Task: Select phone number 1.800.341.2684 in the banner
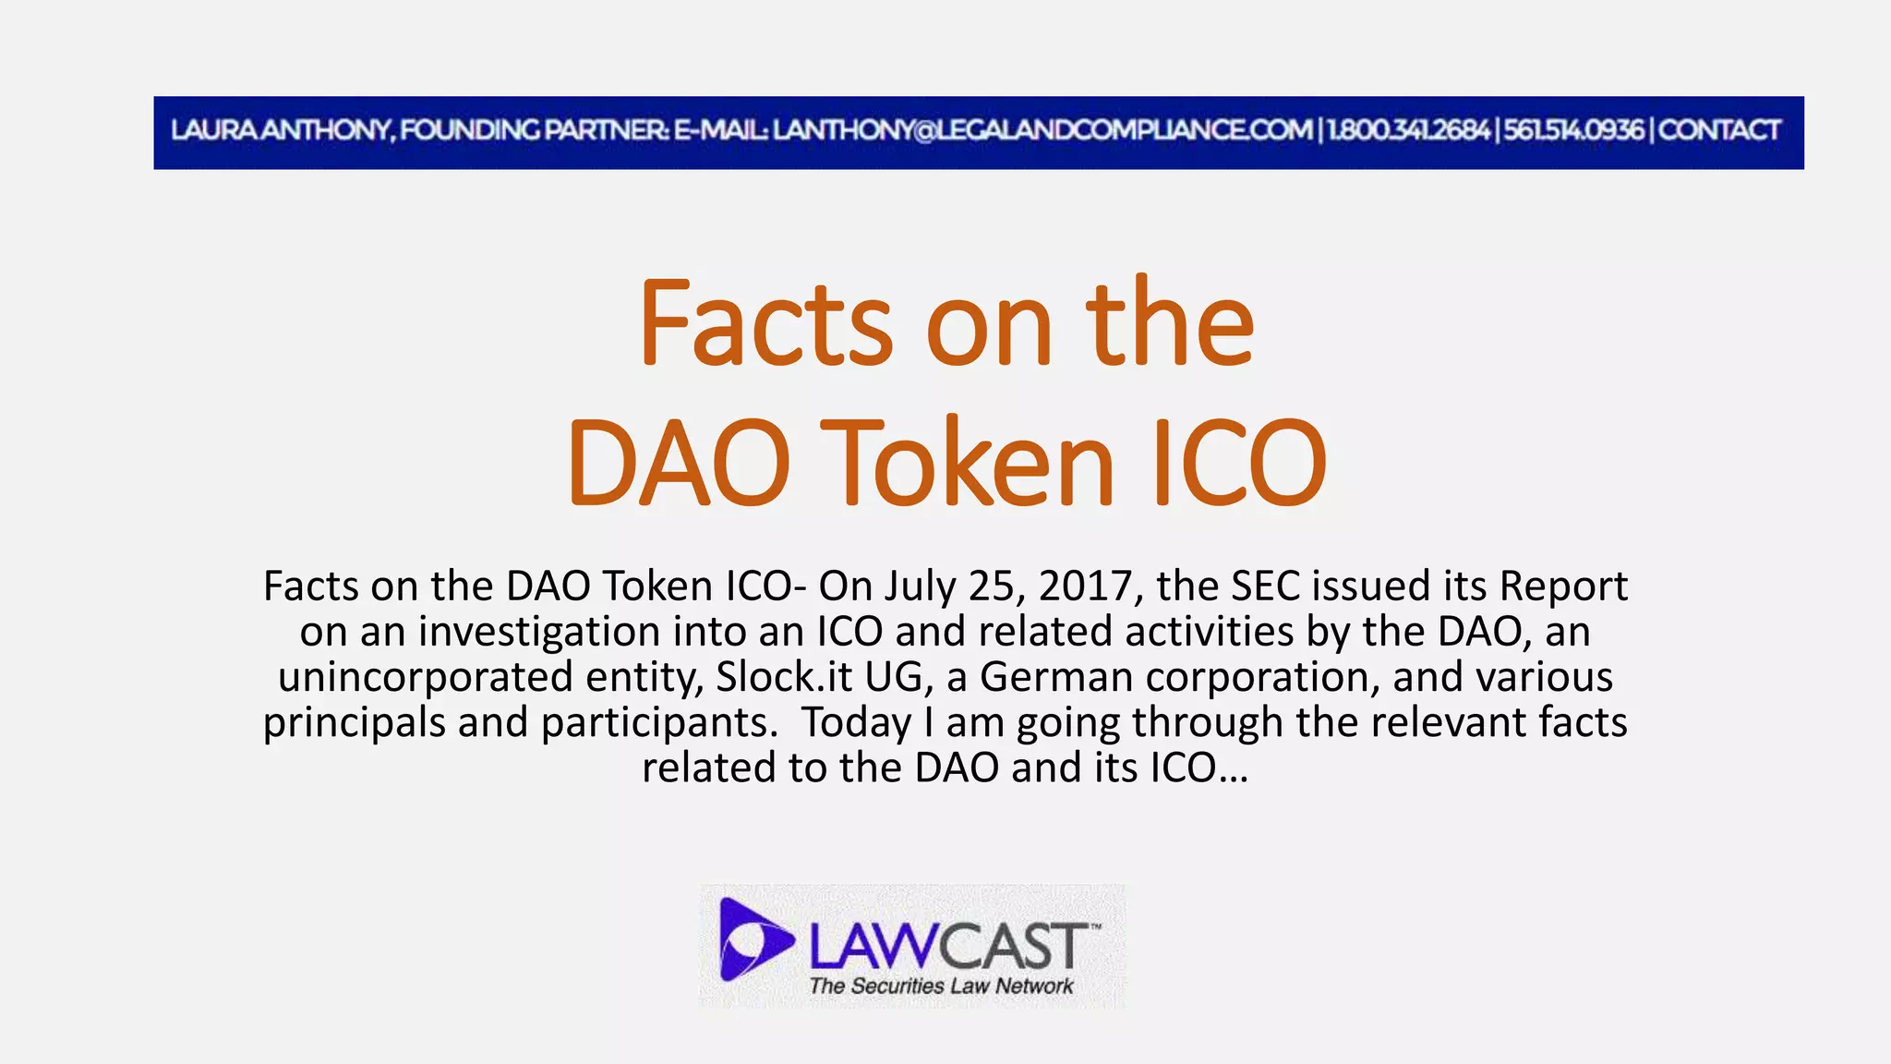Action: click(1408, 130)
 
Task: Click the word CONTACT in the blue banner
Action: click(1719, 130)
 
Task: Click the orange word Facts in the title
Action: click(765, 323)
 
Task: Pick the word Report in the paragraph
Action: click(1563, 586)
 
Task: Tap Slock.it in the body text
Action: click(784, 677)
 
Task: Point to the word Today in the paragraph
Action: click(856, 722)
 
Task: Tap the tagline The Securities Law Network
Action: click(941, 986)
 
